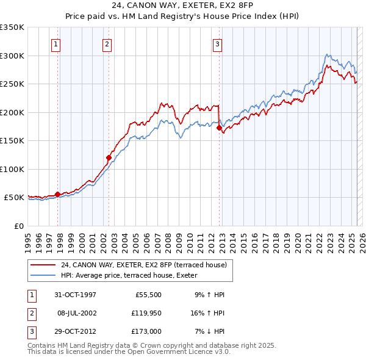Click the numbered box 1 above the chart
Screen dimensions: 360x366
56,43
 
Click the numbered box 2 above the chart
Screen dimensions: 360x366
107,43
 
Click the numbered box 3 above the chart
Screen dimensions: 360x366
217,43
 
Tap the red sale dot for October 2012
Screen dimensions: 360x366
220,128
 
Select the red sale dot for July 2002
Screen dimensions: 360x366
109,157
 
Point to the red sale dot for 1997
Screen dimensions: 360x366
58,194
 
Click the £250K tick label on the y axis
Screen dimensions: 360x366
12,84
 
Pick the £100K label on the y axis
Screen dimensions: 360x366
12,169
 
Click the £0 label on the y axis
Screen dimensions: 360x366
18,226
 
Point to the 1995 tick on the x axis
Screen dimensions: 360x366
28,238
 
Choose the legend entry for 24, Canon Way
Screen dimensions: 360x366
144,265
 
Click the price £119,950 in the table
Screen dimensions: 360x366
145,314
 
